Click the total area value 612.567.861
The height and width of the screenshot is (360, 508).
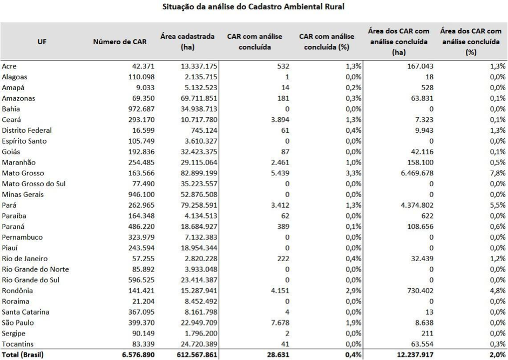[193, 355]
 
